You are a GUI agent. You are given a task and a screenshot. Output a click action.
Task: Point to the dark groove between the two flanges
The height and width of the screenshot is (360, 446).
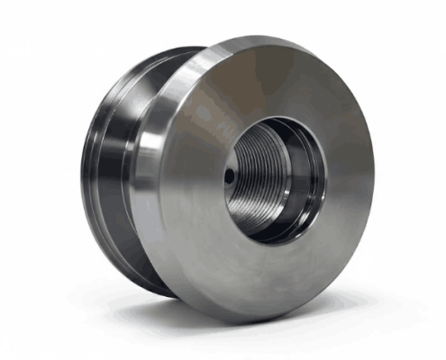click(x=114, y=171)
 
